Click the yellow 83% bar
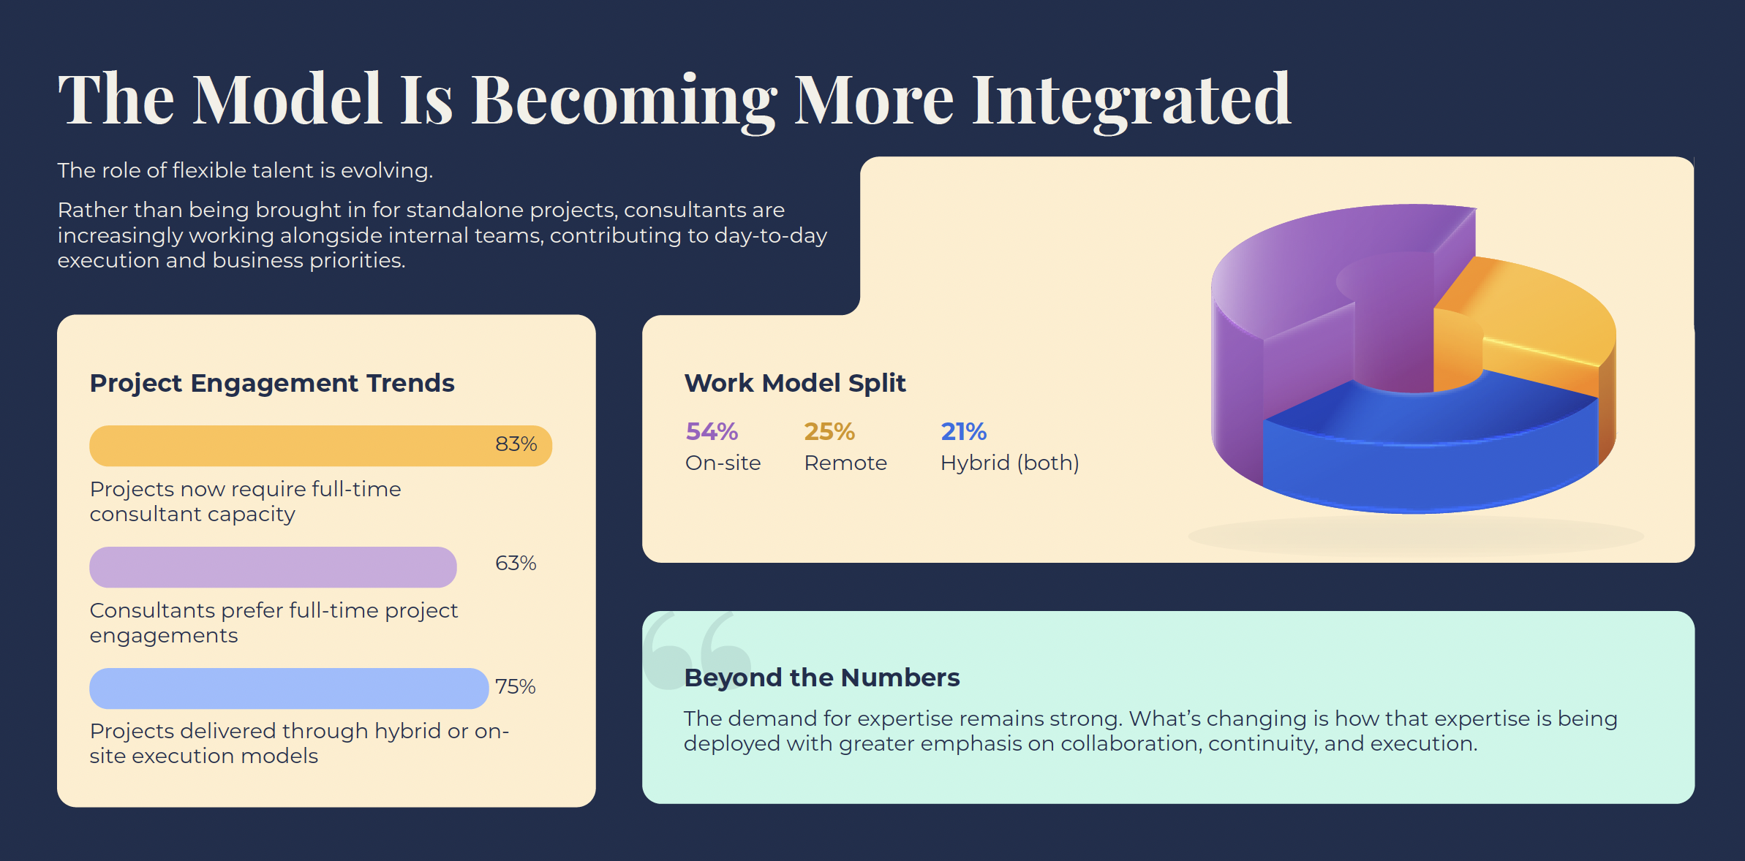[x=320, y=446]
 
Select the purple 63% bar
[x=273, y=567]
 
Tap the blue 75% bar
[x=289, y=689]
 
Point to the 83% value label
[x=516, y=444]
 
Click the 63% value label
[x=516, y=563]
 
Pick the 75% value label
[x=516, y=686]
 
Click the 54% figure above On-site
[x=712, y=431]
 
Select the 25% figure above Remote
[x=829, y=431]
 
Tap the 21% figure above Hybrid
[x=963, y=431]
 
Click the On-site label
[x=723, y=463]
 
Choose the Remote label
[x=845, y=463]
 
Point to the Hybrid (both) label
[x=1010, y=463]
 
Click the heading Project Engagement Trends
[x=272, y=383]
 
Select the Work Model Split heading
[x=795, y=383]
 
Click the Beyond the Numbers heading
[x=822, y=678]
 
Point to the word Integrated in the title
[x=1131, y=100]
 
